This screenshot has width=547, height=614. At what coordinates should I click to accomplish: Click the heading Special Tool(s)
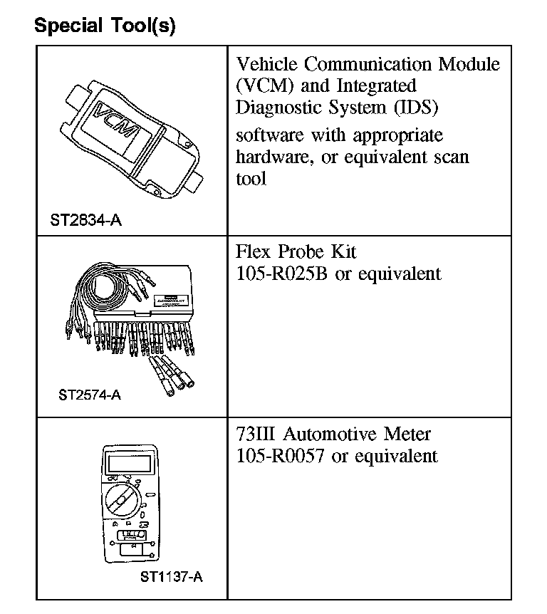tap(105, 26)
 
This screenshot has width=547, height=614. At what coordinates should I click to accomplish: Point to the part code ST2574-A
tap(90, 394)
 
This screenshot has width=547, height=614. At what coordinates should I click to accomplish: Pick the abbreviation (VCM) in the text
tap(262, 85)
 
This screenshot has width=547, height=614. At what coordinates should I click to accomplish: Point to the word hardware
tap(273, 156)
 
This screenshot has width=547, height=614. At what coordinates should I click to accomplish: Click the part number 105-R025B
tap(282, 274)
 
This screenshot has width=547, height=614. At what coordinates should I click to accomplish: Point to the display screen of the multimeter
tap(128, 464)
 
